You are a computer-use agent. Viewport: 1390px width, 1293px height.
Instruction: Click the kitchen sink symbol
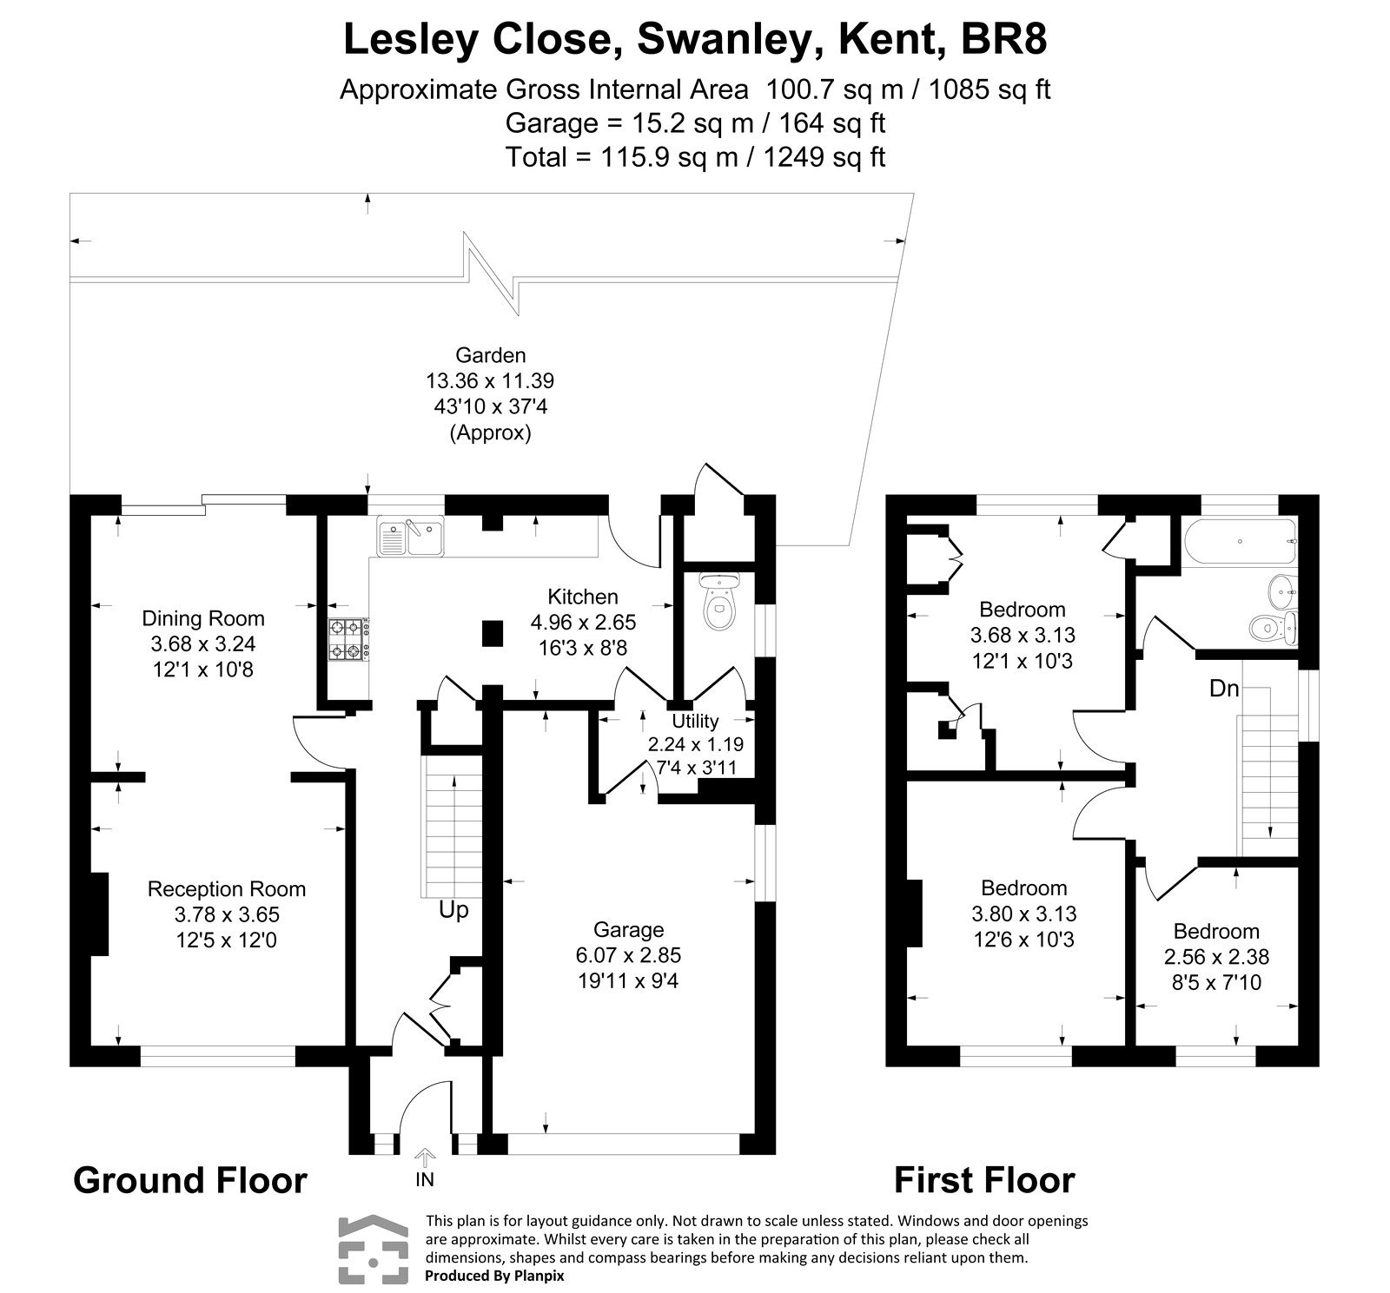[410, 537]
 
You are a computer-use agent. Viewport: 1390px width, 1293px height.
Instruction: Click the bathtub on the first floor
[1238, 541]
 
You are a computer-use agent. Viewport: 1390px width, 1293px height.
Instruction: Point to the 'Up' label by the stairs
[453, 909]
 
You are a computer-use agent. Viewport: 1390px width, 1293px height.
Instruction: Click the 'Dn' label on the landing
[1224, 689]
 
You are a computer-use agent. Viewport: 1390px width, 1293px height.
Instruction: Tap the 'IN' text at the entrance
[425, 1179]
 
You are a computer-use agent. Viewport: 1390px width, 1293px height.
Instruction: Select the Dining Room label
[203, 618]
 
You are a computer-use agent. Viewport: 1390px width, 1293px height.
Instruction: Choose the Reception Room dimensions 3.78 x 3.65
[227, 914]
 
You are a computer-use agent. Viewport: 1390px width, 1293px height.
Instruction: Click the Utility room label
[695, 721]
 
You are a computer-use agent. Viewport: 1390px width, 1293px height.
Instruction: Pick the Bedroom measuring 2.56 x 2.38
[1216, 957]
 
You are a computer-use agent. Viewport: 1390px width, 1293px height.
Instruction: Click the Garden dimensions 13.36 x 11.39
[490, 380]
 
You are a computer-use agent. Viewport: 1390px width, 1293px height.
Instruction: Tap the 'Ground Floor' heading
[189, 1181]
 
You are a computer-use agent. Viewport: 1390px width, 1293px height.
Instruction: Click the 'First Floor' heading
[984, 1181]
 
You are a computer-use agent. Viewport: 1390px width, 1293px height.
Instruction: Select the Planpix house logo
[372, 1250]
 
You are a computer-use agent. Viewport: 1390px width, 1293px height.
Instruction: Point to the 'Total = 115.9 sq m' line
[695, 157]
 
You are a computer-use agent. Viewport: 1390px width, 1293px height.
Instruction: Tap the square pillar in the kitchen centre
[492, 632]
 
